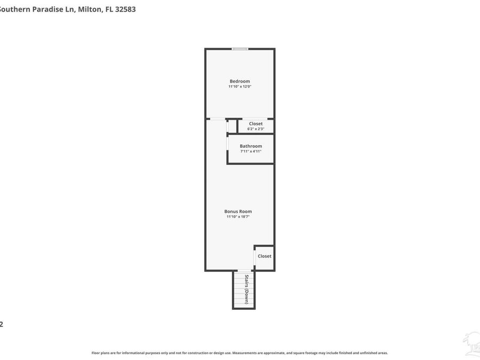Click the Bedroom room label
click(239, 81)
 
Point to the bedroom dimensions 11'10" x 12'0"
click(239, 86)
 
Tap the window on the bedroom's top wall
click(239, 49)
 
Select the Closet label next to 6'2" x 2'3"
click(255, 124)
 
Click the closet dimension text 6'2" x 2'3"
click(255, 129)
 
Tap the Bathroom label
click(251, 146)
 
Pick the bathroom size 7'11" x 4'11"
click(251, 151)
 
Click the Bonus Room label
click(238, 211)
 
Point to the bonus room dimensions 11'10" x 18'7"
click(238, 217)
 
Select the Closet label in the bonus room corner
click(265, 256)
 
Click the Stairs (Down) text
click(246, 290)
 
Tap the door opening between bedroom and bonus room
click(216, 119)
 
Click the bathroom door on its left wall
click(228, 145)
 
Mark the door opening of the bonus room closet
click(255, 257)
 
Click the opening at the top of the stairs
click(243, 271)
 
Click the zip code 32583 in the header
click(125, 9)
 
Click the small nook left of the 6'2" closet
click(232, 126)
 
